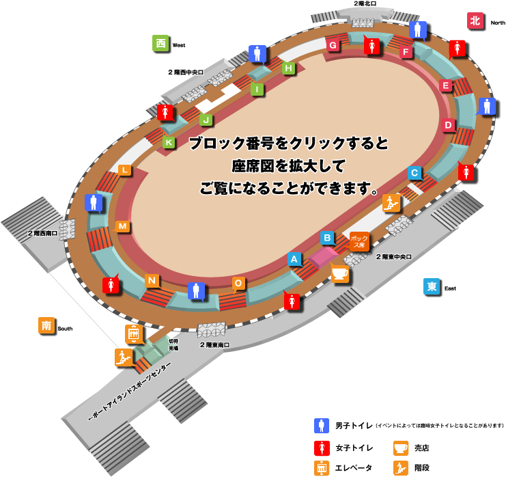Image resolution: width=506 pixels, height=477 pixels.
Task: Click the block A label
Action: pyautogui.click(x=294, y=259)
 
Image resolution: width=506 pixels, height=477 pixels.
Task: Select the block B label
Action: pyautogui.click(x=328, y=238)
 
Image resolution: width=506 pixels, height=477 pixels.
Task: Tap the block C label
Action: pyautogui.click(x=414, y=173)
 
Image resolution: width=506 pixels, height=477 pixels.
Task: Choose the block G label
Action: pyautogui.click(x=333, y=45)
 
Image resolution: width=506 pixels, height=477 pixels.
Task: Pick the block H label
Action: pyautogui.click(x=289, y=68)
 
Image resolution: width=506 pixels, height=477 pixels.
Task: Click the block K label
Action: pyautogui.click(x=169, y=142)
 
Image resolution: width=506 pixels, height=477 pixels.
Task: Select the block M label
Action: pyautogui.click(x=122, y=226)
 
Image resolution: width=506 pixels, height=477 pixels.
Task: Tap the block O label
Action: pyautogui.click(x=238, y=283)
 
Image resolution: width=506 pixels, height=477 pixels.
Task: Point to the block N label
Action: pyautogui.click(x=152, y=280)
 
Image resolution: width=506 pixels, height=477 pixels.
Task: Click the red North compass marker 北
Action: pyautogui.click(x=475, y=21)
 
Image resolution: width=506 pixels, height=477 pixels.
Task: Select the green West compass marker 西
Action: pyautogui.click(x=160, y=44)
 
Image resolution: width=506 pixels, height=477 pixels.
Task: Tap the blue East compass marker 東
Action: pyautogui.click(x=432, y=287)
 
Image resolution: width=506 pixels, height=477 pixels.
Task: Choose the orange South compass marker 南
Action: pyautogui.click(x=46, y=326)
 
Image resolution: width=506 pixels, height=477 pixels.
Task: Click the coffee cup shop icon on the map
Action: pyautogui.click(x=339, y=273)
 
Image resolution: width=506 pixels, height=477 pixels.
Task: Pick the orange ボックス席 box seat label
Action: pyautogui.click(x=359, y=241)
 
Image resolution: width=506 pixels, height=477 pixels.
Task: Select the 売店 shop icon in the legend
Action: pyautogui.click(x=401, y=448)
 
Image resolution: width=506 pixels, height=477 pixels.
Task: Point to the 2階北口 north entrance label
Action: pyautogui.click(x=365, y=4)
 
